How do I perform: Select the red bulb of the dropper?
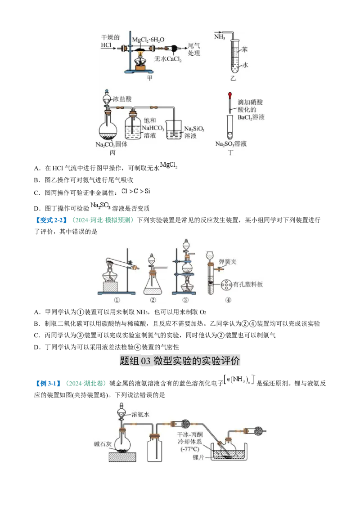click(x=230, y=95)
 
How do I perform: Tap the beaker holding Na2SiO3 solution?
click(x=174, y=130)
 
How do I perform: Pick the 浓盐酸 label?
click(x=122, y=97)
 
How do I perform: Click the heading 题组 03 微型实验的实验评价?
click(x=180, y=360)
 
